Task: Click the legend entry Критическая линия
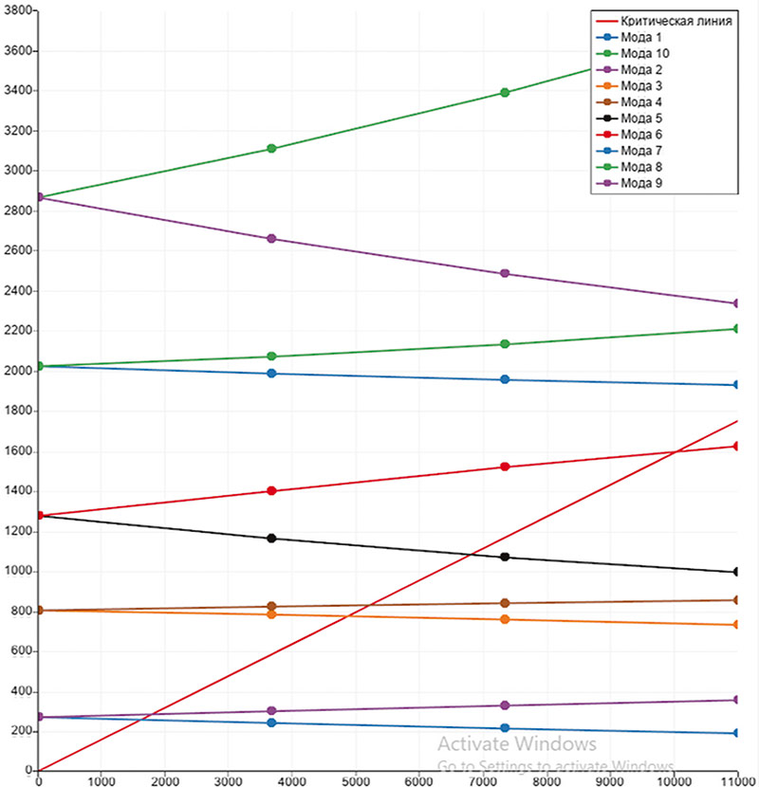pos(676,21)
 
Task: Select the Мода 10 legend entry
pos(644,53)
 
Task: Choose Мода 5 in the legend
pos(640,119)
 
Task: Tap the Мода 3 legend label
pos(640,86)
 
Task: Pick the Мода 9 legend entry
pos(640,183)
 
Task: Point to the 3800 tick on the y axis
pos(18,10)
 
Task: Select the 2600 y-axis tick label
pos(18,251)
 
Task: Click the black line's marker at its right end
pos(737,572)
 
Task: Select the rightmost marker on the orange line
pos(737,625)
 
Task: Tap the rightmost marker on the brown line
pos(737,600)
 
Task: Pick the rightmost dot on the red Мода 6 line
pos(737,446)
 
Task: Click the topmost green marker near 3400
pos(505,93)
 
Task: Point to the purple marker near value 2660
pos(272,239)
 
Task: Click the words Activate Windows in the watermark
pos(517,744)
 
